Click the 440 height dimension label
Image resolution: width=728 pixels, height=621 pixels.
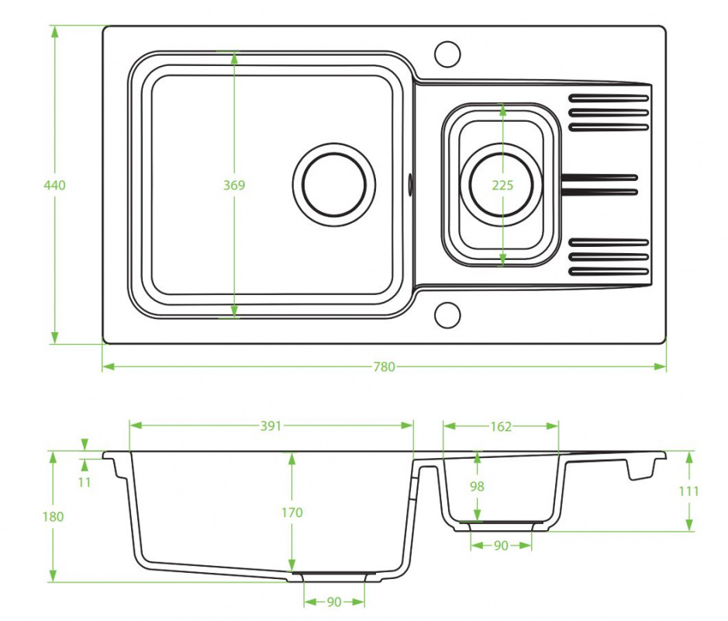[54, 185]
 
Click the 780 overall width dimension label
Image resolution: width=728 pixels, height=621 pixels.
[384, 366]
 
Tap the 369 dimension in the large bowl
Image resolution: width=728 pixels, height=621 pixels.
[234, 185]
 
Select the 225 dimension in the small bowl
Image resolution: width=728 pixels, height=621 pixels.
[502, 185]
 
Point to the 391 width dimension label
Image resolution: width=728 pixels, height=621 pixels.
[271, 426]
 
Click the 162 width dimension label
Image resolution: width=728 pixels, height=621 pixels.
[501, 426]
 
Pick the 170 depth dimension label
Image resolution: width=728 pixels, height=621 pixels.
[292, 512]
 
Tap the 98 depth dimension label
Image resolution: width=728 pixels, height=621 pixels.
[477, 486]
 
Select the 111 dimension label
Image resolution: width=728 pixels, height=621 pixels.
[688, 491]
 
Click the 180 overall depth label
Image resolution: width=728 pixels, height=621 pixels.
[53, 516]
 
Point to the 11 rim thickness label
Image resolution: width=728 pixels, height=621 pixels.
[84, 483]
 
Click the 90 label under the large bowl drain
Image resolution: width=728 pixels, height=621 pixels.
[334, 602]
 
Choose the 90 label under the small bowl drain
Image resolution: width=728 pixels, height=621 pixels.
[501, 545]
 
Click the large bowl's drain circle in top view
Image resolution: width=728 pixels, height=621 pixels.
[334, 144]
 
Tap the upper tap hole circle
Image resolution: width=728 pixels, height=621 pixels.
[447, 42]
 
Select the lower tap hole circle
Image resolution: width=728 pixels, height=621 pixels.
[447, 303]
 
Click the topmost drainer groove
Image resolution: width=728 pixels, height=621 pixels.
[608, 98]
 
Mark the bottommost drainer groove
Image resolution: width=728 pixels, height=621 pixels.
[608, 272]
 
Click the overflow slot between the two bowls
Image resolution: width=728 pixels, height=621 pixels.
[410, 185]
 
